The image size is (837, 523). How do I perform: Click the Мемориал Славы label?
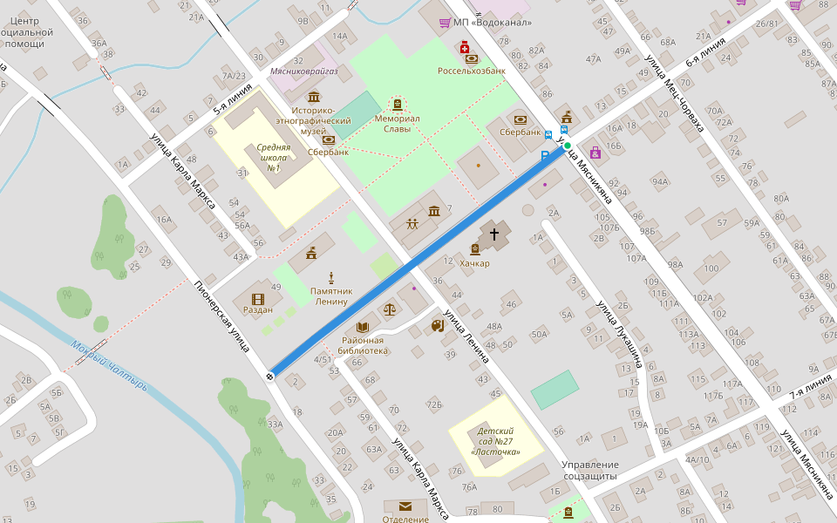pos(398,123)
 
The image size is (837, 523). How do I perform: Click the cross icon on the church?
pos(494,234)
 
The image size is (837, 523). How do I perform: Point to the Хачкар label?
pos(474,263)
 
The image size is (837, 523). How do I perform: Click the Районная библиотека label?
pos(364,345)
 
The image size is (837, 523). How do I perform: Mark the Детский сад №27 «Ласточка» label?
pos(495,441)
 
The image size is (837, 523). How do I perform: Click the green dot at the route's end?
pos(568,145)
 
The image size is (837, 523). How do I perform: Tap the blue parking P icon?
pos(546,156)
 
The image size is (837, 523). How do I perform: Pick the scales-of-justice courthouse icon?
pos(389,309)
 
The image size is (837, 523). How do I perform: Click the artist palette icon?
pos(438,326)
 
